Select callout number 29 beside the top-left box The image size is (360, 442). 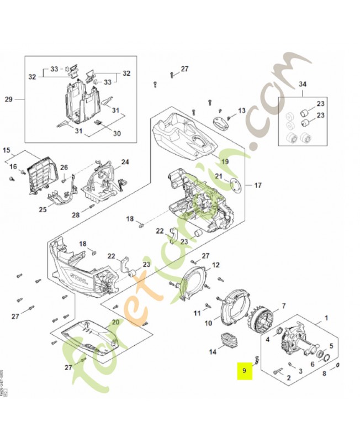[x=8, y=99]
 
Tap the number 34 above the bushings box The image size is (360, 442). [x=301, y=85]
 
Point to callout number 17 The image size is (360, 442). [x=257, y=185]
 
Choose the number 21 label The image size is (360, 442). [x=219, y=176]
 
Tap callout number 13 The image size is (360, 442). [x=241, y=111]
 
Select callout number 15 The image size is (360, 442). [x=7, y=150]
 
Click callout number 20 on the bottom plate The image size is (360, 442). [x=116, y=322]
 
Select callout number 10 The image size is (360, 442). [x=208, y=323]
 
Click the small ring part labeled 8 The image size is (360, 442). [x=337, y=365]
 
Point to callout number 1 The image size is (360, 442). [x=325, y=318]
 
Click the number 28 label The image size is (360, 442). [x=76, y=214]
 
